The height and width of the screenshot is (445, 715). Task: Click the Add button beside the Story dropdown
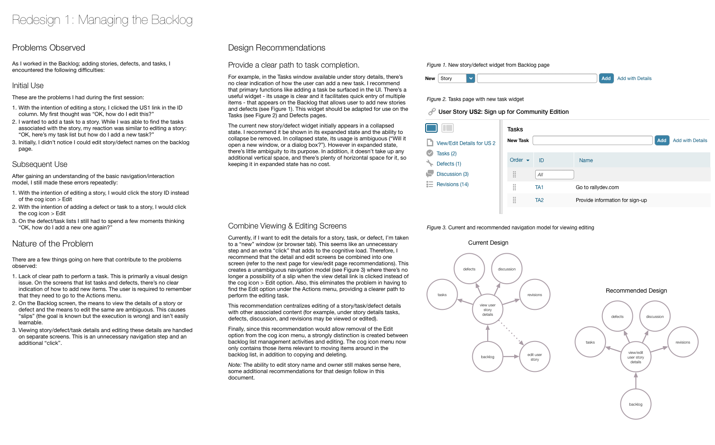tap(606, 78)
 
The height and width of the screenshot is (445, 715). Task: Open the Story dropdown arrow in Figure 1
tap(471, 78)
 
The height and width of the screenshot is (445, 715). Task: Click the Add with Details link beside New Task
tap(690, 140)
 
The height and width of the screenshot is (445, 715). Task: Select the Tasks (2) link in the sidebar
tap(446, 154)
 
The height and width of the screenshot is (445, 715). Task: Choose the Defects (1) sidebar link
tap(449, 164)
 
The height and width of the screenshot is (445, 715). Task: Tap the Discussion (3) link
tap(452, 174)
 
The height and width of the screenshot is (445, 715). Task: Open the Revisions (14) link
tap(452, 184)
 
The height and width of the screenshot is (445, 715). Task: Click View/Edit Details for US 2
tap(465, 143)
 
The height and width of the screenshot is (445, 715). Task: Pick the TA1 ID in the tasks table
tap(539, 187)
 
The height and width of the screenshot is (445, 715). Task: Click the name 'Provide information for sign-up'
tap(611, 200)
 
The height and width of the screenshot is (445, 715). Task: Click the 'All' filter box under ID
tap(554, 175)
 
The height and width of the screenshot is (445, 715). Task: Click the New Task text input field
tap(592, 140)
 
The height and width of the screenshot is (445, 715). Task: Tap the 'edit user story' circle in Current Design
tap(534, 357)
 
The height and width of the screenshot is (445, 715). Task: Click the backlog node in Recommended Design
tap(635, 404)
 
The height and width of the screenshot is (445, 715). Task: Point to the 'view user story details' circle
tap(488, 310)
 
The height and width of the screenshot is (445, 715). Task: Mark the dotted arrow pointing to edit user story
tap(512, 334)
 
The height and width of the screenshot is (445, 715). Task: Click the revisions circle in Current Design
tap(534, 295)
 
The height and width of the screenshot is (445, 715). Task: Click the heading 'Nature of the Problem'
tap(53, 243)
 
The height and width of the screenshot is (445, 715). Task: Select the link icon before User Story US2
tap(432, 112)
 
